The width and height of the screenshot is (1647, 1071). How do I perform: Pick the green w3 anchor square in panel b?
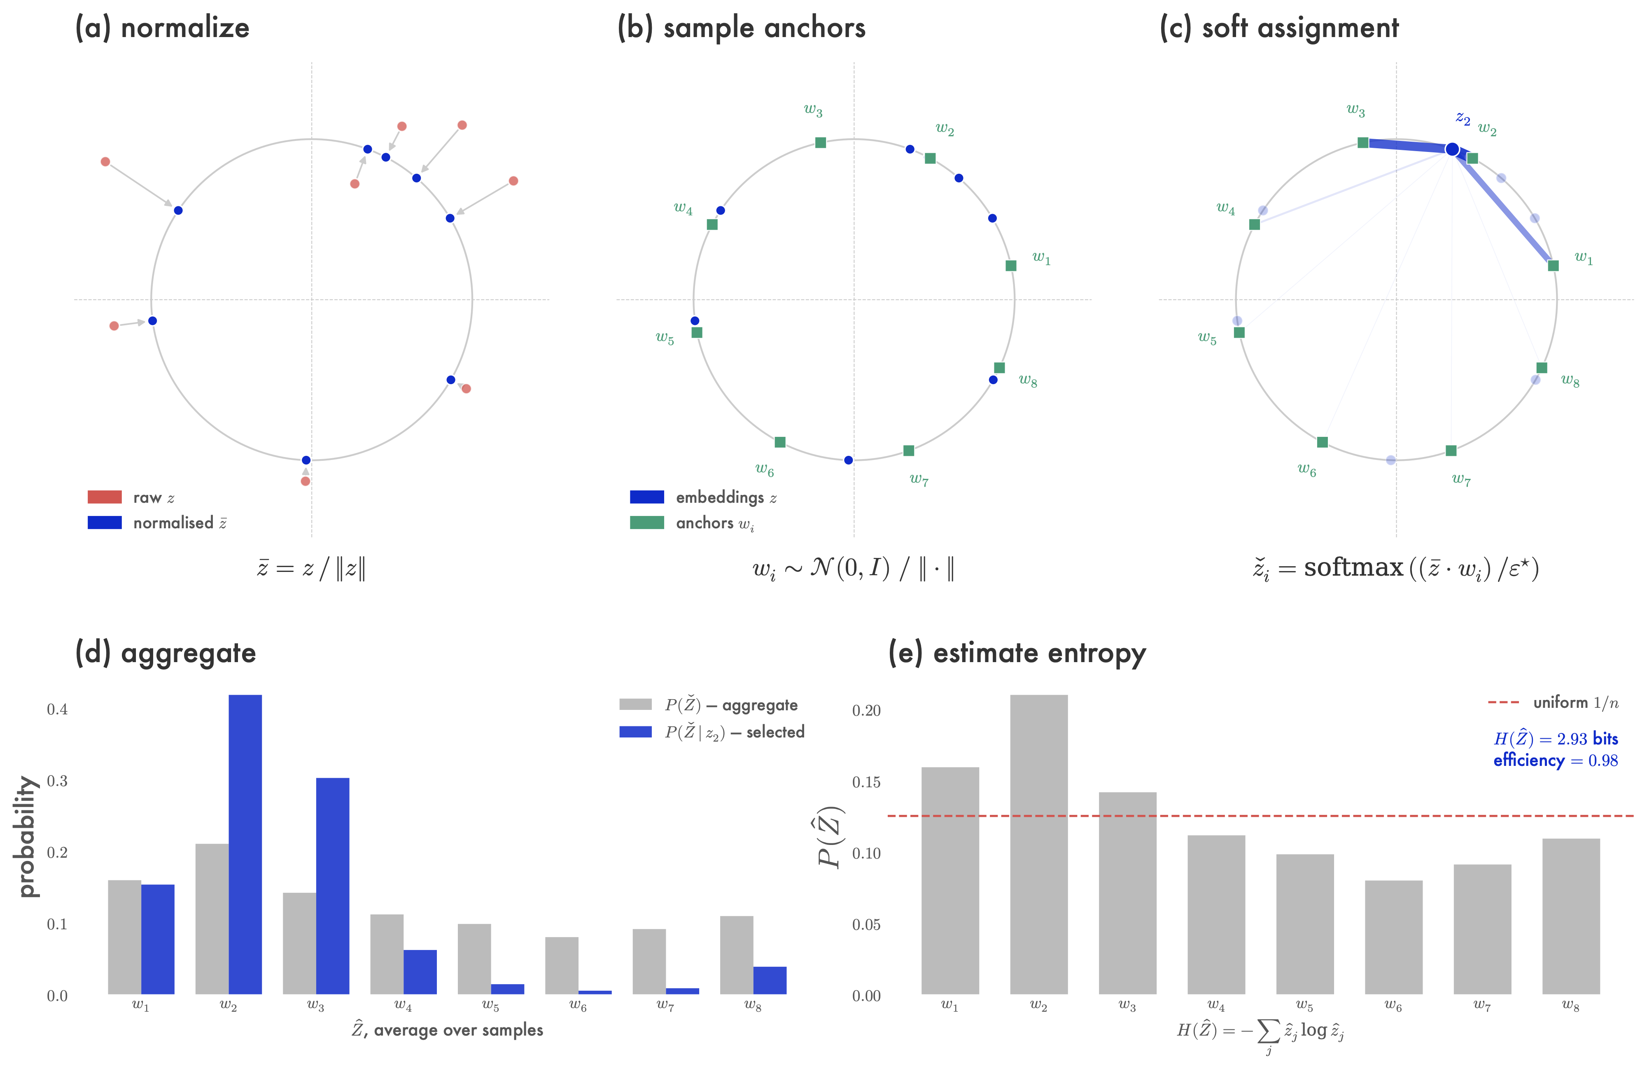(820, 142)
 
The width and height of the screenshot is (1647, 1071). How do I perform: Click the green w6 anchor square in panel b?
(780, 442)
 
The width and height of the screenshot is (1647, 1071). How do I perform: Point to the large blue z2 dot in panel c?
(1453, 149)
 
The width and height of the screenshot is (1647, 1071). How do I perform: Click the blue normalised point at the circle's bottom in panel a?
(306, 460)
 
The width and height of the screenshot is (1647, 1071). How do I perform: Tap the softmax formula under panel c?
(1396, 569)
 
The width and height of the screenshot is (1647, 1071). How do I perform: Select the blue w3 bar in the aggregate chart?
(332, 886)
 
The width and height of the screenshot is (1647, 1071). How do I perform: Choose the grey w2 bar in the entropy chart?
(1039, 844)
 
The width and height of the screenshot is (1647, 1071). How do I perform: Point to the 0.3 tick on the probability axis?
(57, 781)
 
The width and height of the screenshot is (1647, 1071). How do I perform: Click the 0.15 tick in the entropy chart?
(866, 782)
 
